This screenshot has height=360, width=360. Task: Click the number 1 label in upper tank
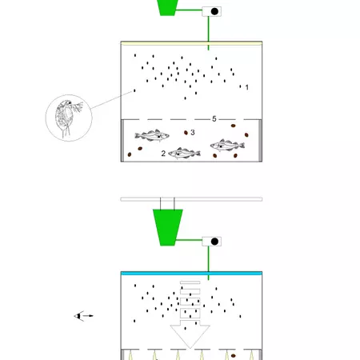(x=248, y=86)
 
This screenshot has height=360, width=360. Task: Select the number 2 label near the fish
(x=163, y=152)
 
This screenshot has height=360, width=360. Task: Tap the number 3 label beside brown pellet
(x=193, y=133)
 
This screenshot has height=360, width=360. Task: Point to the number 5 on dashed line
(x=214, y=118)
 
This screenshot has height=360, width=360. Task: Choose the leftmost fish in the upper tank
(x=151, y=137)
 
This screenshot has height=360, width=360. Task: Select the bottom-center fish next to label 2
(x=185, y=154)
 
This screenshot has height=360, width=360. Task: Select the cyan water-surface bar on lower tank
(x=191, y=274)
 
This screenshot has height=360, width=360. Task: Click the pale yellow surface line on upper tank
(x=191, y=42)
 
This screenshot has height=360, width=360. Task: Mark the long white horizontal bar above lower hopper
(x=191, y=198)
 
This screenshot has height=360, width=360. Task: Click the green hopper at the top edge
(x=168, y=6)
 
